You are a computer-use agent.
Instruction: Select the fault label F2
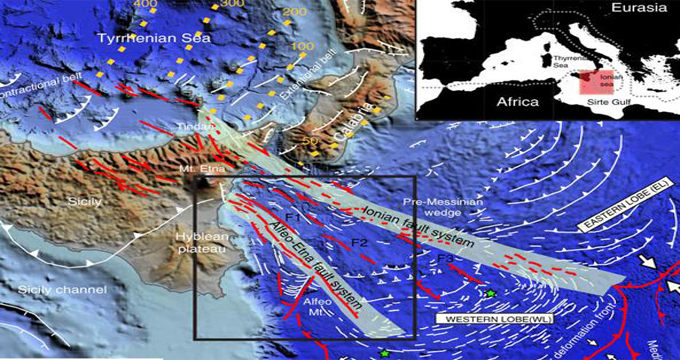359,244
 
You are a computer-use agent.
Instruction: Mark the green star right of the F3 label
491,292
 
